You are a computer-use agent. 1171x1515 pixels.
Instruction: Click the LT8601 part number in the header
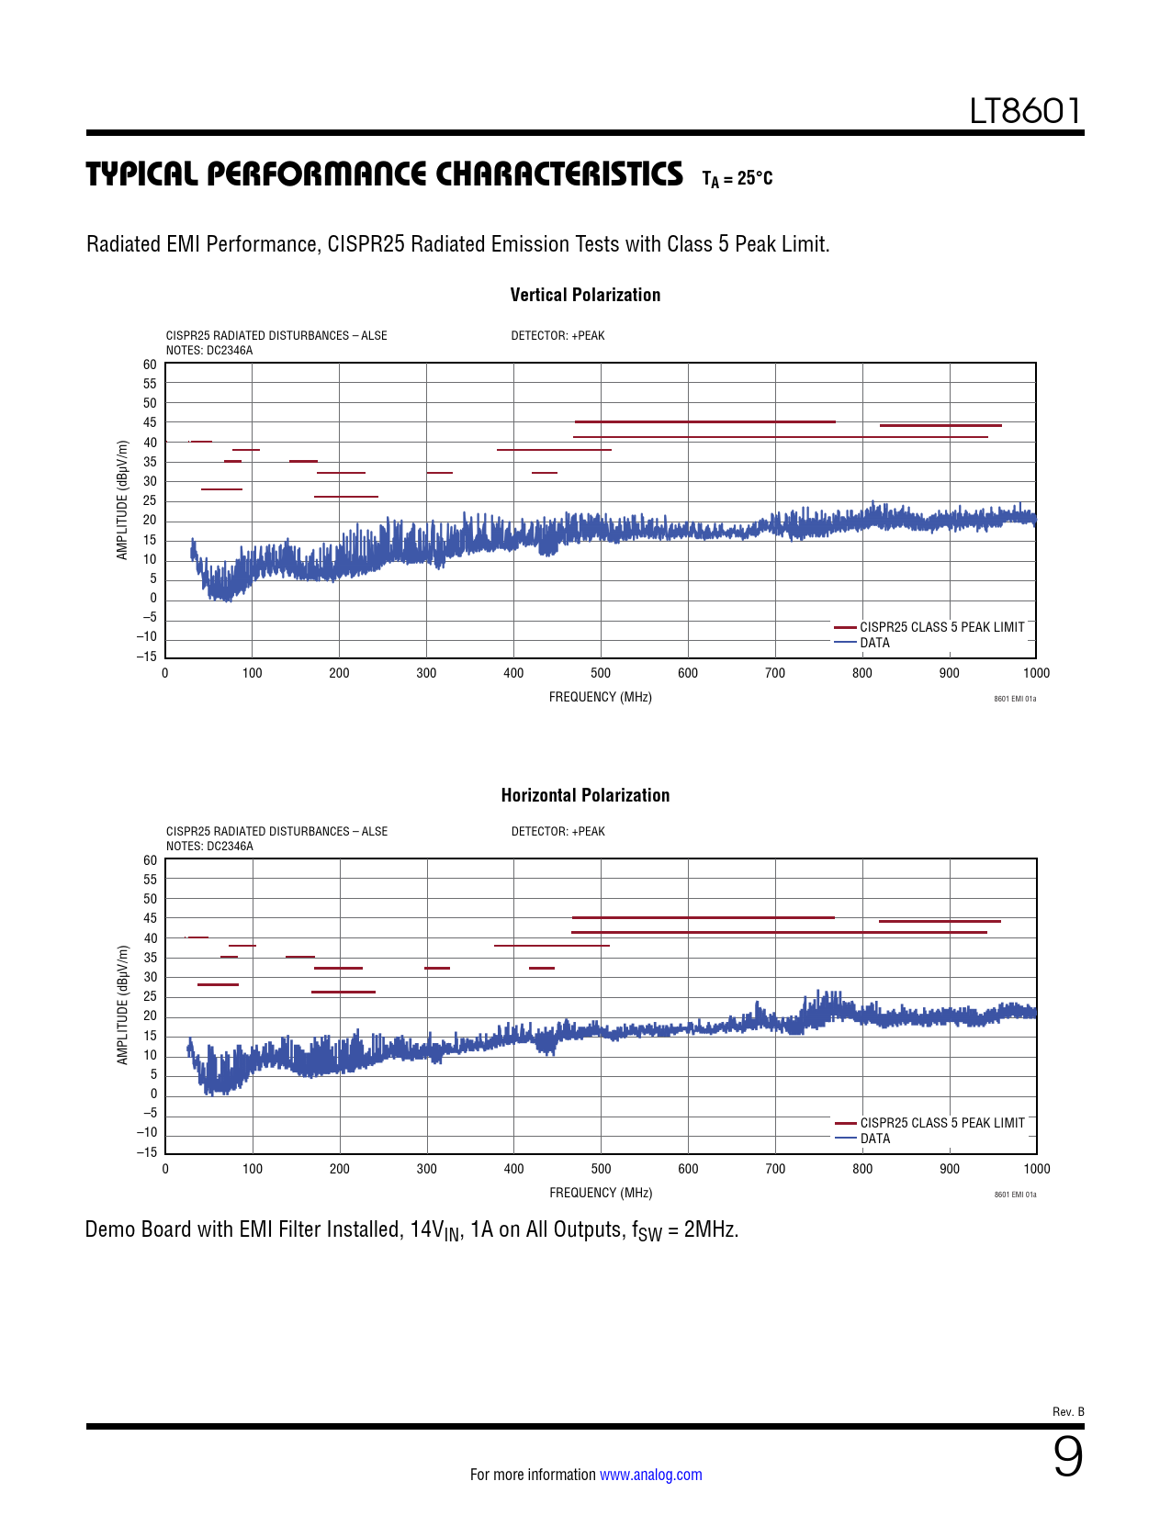1026,111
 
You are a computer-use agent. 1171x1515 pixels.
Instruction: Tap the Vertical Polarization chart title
585,295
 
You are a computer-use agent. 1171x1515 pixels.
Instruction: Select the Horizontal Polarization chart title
585,795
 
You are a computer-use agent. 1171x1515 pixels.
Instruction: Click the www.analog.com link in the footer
650,1475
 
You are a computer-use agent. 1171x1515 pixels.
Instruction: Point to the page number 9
1067,1456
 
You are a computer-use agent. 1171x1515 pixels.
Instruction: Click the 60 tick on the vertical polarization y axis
150,365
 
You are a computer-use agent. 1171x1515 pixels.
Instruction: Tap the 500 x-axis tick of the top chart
601,673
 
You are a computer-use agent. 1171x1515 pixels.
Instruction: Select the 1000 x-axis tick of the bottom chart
1036,1169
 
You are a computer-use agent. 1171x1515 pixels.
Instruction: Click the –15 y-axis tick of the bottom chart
147,1152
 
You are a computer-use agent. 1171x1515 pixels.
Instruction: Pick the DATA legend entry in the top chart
874,643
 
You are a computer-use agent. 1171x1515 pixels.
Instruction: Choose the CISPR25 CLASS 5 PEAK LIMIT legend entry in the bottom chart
941,1123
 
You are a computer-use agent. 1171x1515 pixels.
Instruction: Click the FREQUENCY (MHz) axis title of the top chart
601,697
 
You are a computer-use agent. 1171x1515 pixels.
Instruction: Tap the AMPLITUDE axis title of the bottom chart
123,1005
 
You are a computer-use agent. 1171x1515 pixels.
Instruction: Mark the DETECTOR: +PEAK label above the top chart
557,336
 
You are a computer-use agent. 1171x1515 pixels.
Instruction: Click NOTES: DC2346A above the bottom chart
209,847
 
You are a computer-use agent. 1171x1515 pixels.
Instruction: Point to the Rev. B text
1068,1411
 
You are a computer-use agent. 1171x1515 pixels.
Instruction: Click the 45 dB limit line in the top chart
704,421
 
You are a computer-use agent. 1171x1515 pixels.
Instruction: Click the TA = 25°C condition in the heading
737,178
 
